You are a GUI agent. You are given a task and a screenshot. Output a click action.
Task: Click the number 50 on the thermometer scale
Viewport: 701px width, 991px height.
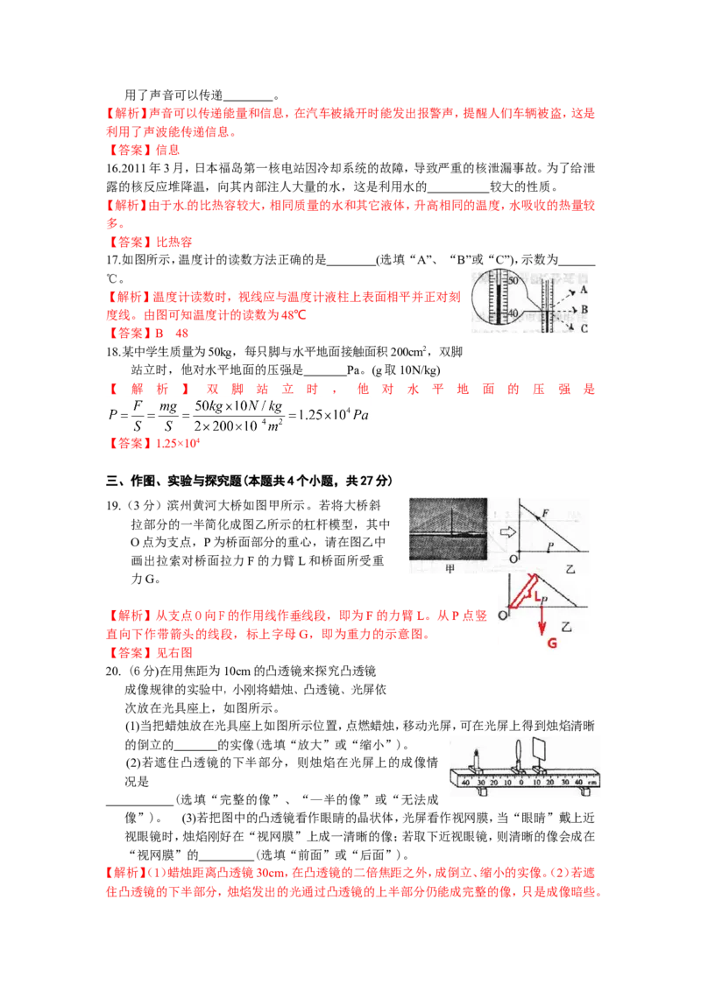tap(513, 279)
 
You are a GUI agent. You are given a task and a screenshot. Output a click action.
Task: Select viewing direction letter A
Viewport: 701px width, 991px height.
tap(584, 290)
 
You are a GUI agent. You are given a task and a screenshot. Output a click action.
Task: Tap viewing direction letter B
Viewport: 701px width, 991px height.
tap(584, 309)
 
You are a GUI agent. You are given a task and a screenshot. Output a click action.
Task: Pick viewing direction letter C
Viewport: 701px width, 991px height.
tap(584, 328)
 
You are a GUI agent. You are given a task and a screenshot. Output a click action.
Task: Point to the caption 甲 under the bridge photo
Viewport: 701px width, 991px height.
tap(451, 567)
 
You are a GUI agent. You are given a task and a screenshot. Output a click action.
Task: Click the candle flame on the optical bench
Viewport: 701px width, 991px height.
tap(477, 752)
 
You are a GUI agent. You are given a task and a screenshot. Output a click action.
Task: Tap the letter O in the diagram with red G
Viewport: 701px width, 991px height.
tap(502, 616)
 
